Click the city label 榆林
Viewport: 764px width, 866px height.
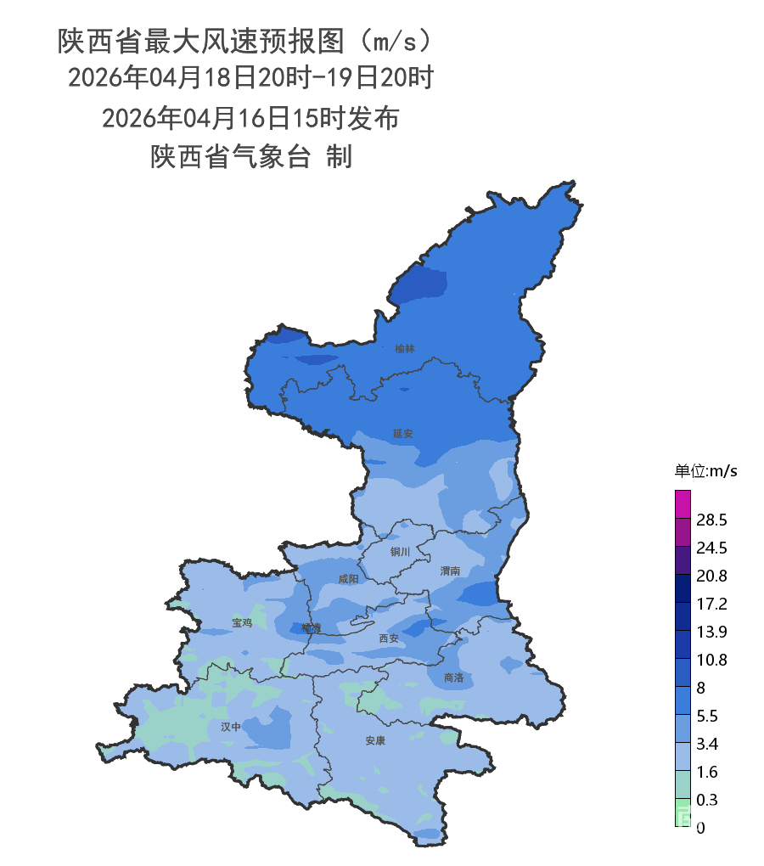click(405, 348)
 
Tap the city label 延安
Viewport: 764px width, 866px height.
click(403, 433)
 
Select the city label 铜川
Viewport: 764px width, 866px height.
click(400, 552)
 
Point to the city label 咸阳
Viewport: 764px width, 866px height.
click(348, 579)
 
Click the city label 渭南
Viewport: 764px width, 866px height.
click(451, 571)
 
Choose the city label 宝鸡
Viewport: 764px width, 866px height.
click(242, 622)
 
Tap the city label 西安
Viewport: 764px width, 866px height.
click(389, 638)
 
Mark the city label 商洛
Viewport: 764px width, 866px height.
click(454, 678)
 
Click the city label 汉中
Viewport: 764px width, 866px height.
click(231, 727)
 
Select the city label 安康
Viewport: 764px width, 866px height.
click(376, 740)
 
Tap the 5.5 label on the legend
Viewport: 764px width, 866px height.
click(707, 716)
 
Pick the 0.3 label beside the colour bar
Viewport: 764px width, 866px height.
click(707, 800)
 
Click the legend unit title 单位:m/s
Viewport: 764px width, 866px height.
click(705, 471)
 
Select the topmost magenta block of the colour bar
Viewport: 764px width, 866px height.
click(683, 503)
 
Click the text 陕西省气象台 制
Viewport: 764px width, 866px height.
click(251, 157)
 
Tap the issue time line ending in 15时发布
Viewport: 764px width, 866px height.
click(250, 118)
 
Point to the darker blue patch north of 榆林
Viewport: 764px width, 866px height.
click(422, 283)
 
